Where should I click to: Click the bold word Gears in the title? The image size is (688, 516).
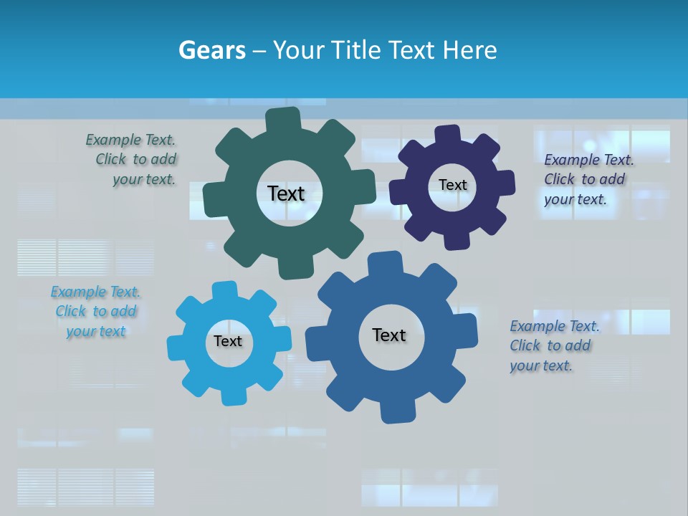click(212, 50)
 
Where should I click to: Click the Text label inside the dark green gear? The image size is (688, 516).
click(286, 193)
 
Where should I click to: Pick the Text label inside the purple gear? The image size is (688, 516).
click(452, 185)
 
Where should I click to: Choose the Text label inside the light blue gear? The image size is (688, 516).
click(228, 341)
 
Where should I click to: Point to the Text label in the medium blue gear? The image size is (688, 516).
click(389, 335)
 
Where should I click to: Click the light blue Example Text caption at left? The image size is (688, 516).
click(96, 311)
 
